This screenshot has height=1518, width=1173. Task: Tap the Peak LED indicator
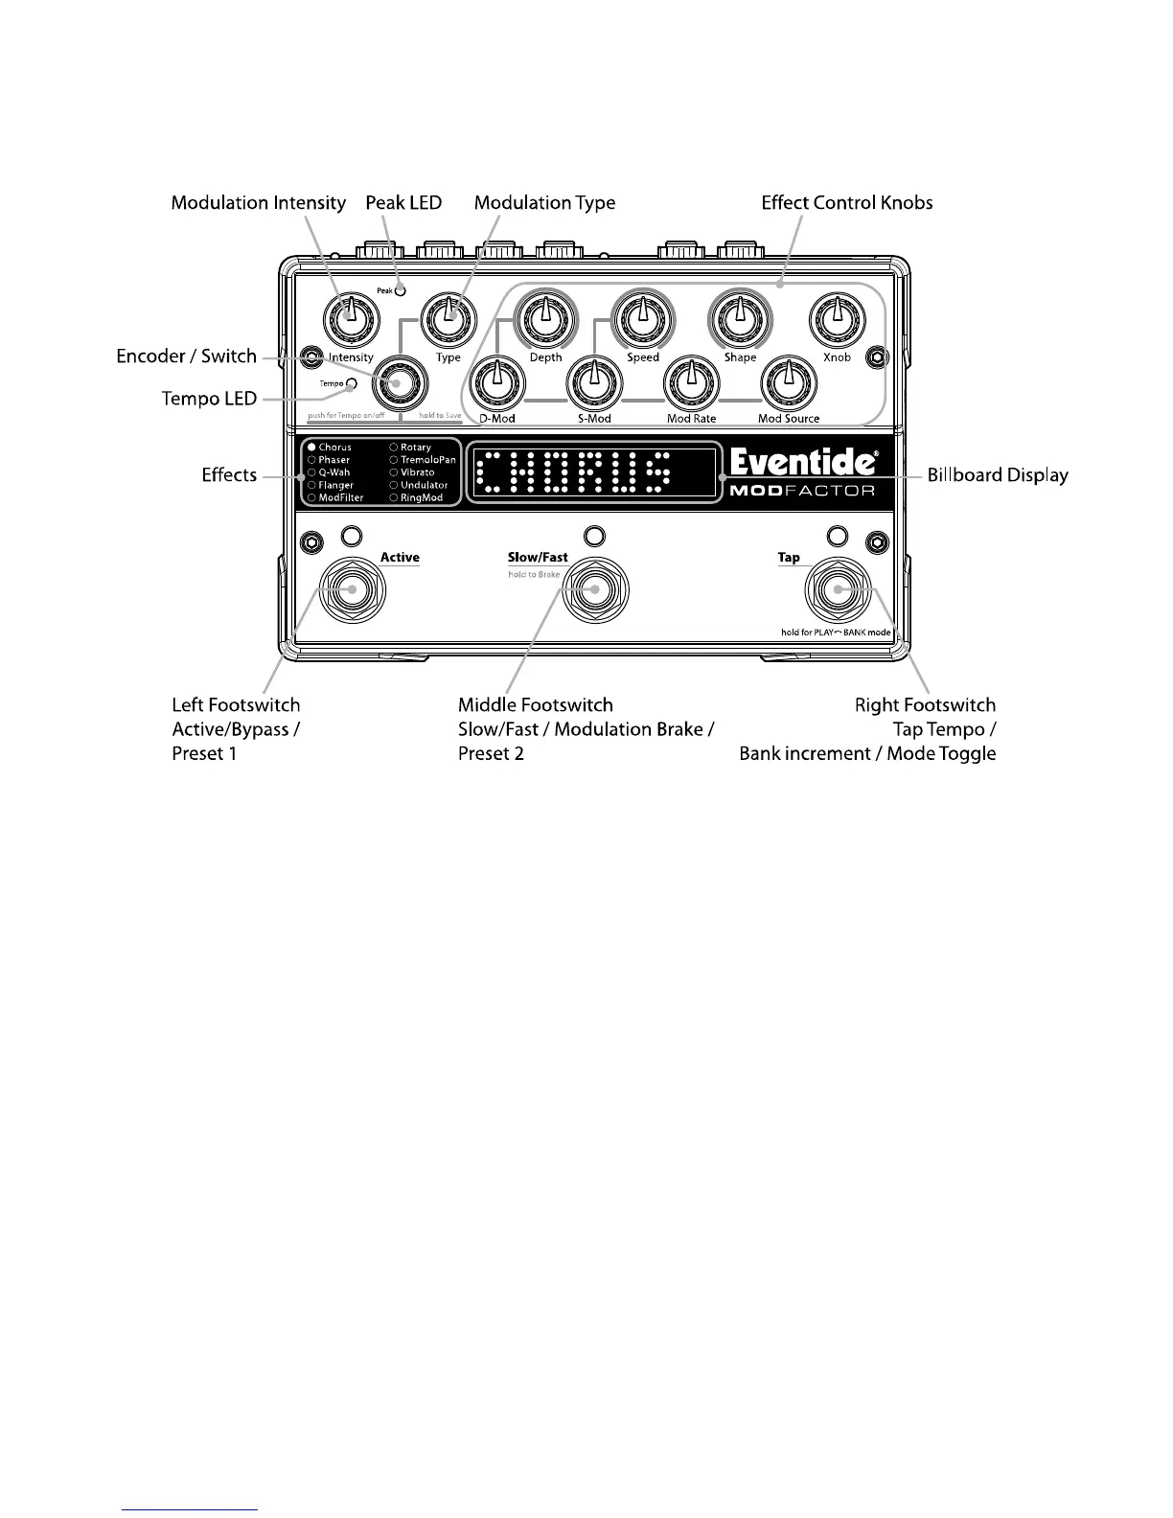[x=400, y=289]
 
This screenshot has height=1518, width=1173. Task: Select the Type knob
[x=448, y=316]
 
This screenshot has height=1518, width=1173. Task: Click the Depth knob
[x=544, y=316]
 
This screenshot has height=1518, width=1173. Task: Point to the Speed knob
[x=641, y=316]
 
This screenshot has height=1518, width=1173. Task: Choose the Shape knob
[x=738, y=316]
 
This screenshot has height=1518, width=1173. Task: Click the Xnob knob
[x=836, y=316]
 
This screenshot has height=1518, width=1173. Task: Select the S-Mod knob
[x=593, y=381]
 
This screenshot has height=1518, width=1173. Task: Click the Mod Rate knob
[x=690, y=381]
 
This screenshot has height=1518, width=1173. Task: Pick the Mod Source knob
[x=788, y=381]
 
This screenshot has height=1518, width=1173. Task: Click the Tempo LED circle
[x=352, y=383]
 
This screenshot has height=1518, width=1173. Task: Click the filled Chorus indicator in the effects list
[x=311, y=448]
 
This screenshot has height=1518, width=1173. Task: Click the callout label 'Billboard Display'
[x=997, y=475]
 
